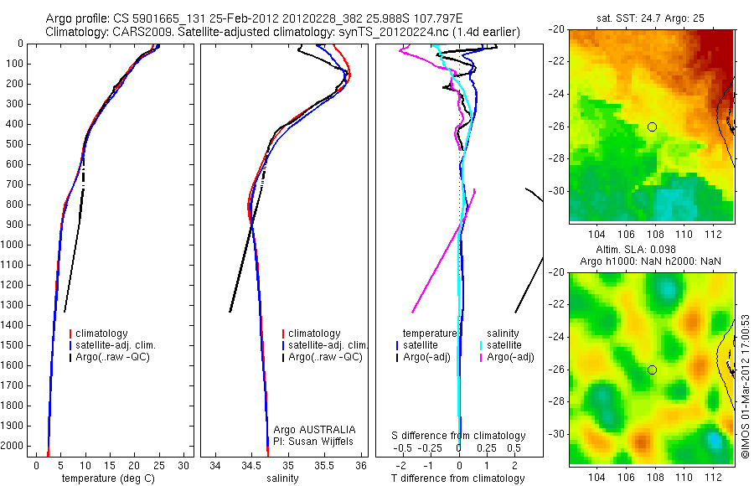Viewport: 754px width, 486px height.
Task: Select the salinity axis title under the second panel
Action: click(281, 478)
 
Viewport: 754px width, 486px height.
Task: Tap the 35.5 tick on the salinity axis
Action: click(325, 465)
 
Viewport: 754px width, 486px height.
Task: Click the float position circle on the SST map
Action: click(652, 127)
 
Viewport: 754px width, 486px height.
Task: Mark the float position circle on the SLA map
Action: click(652, 370)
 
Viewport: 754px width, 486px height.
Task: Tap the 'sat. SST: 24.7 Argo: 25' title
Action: click(652, 17)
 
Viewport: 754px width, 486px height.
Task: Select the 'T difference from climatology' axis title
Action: click(458, 478)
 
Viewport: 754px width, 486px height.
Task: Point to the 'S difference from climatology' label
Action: click(459, 436)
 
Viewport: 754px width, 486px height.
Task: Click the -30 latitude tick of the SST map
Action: click(558, 191)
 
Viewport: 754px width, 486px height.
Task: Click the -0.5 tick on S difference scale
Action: click(406, 447)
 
